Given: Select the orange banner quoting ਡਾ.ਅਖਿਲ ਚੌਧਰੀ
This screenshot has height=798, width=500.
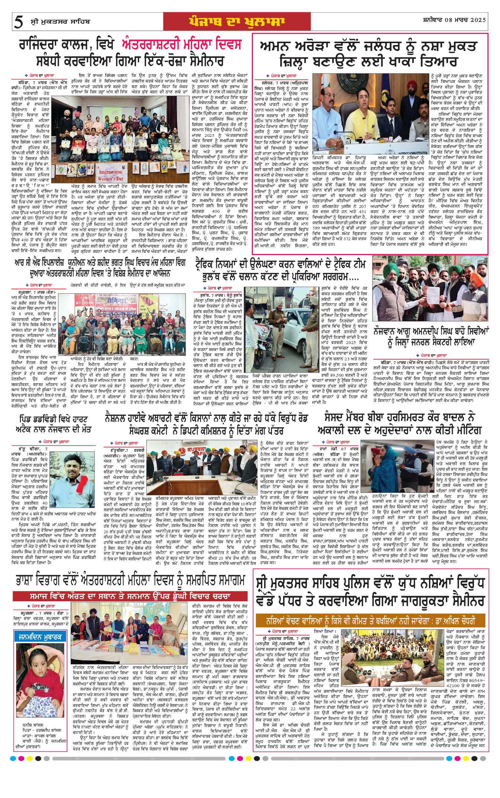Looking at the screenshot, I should (x=370, y=621).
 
